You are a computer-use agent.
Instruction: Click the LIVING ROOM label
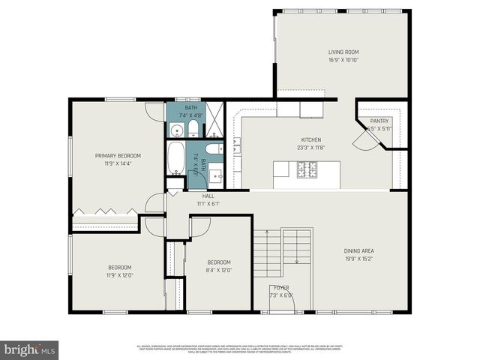pos(343,52)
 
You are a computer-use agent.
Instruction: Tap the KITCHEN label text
pos(311,140)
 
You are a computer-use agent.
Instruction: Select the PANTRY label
pos(379,121)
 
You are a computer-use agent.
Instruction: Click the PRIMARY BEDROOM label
pos(118,155)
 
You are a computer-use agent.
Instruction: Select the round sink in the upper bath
pos(176,130)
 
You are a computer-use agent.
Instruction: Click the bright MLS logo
pos(30,349)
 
